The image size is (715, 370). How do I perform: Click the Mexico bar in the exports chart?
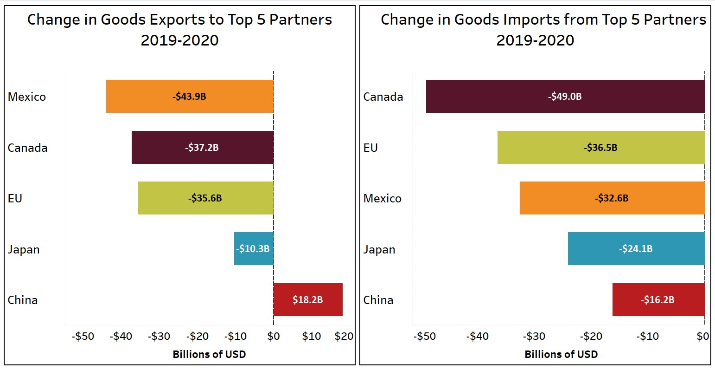[139, 97]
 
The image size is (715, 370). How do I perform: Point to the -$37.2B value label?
[202, 148]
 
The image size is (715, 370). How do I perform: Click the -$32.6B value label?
[612, 198]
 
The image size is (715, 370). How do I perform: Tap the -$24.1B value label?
[635, 249]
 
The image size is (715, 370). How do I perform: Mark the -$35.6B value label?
[205, 198]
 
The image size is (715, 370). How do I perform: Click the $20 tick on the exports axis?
[344, 336]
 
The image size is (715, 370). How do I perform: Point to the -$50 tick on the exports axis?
[83, 336]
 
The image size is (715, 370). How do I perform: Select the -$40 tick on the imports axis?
[477, 336]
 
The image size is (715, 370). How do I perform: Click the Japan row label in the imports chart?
[379, 249]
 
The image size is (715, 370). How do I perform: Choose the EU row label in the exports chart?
[15, 198]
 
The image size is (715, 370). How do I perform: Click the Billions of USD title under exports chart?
[209, 355]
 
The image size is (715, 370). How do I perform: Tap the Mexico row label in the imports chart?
[382, 198]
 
